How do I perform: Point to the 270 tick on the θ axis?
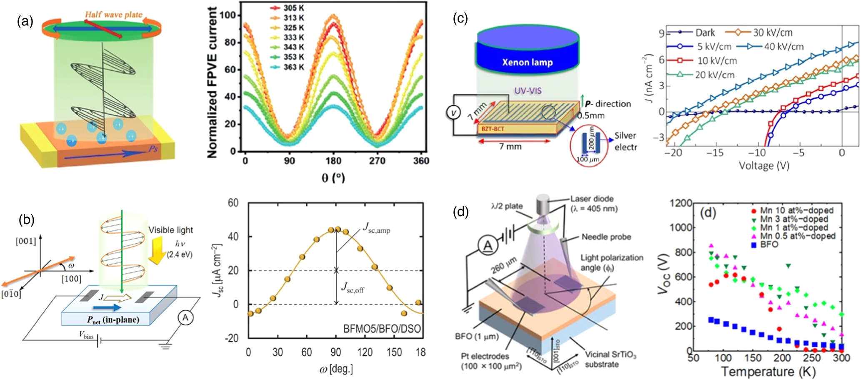pos(377,161)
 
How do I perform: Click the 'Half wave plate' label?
pos(113,15)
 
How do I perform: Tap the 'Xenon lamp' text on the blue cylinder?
pos(527,63)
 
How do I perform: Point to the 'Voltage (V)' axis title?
pos(764,166)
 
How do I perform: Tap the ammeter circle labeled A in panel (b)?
pos(185,318)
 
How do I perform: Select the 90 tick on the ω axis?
pos(336,352)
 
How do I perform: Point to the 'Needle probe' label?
pos(606,237)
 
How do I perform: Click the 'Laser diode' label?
pos(592,199)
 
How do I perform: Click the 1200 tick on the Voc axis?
pos(680,203)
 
